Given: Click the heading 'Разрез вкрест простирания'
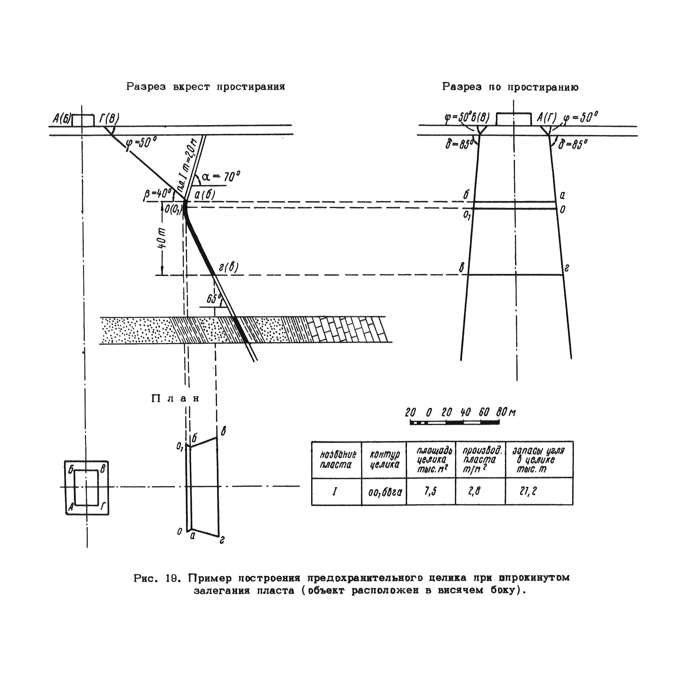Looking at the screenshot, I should [206, 87].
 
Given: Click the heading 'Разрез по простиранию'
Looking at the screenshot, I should [510, 87].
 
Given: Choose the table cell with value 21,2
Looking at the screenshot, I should [528, 492].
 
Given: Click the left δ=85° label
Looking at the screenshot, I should [459, 144].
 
